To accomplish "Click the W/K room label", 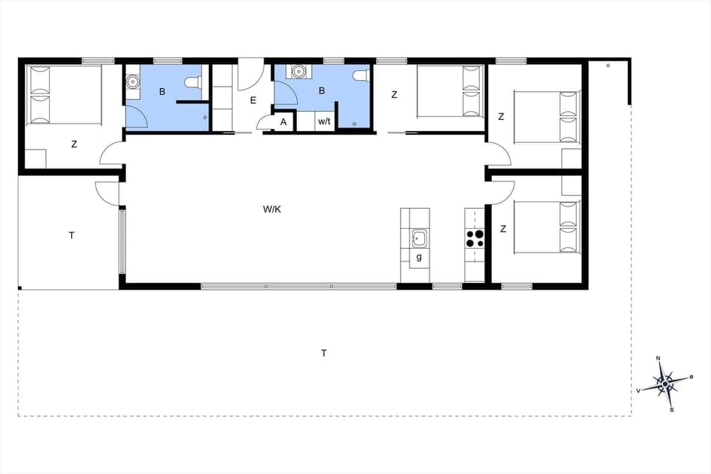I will (272, 210).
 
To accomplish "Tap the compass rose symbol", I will (664, 384).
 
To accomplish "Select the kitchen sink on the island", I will (418, 238).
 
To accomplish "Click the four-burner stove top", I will (474, 238).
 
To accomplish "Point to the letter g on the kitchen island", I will (419, 256).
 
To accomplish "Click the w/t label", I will (324, 121).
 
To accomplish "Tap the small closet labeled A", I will (284, 122).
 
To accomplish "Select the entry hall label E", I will (253, 99).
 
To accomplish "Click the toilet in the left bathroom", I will (194, 82).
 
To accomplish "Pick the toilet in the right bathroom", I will (361, 76).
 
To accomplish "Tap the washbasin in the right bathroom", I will (299, 72).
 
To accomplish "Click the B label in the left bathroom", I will (162, 93).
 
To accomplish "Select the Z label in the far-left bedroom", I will (74, 144).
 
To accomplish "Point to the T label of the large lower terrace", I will (324, 353).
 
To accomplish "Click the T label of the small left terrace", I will (72, 236).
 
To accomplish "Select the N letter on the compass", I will (658, 359).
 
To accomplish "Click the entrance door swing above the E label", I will (250, 73).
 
